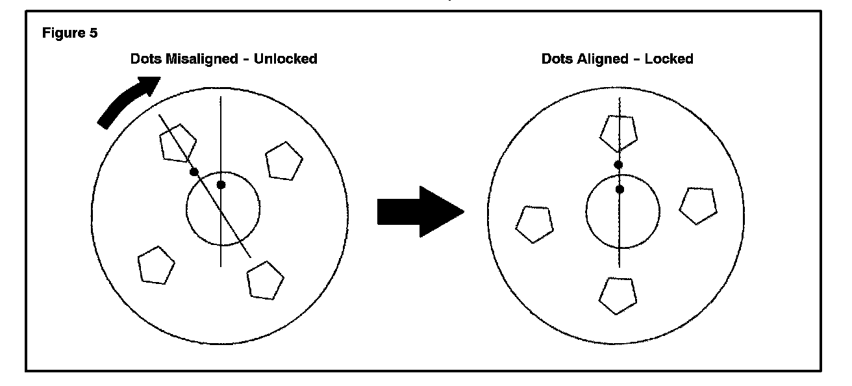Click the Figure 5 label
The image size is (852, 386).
[x=71, y=33]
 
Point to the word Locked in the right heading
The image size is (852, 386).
[x=670, y=59]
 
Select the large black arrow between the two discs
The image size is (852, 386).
[x=420, y=212]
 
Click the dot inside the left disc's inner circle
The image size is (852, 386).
[x=221, y=185]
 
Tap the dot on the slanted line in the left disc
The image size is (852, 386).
[x=194, y=172]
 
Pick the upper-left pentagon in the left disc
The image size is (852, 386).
[x=177, y=144]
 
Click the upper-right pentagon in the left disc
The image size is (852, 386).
[x=284, y=162]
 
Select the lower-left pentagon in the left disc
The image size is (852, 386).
[x=157, y=265]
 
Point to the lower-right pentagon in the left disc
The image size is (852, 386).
[x=265, y=280]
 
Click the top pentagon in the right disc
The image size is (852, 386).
[x=618, y=133]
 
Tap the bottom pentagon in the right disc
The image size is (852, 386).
[x=617, y=294]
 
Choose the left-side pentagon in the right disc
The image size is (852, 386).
[x=534, y=224]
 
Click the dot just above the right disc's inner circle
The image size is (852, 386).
[x=618, y=165]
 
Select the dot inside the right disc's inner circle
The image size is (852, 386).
[x=620, y=189]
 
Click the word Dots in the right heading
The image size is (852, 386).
[x=557, y=59]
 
